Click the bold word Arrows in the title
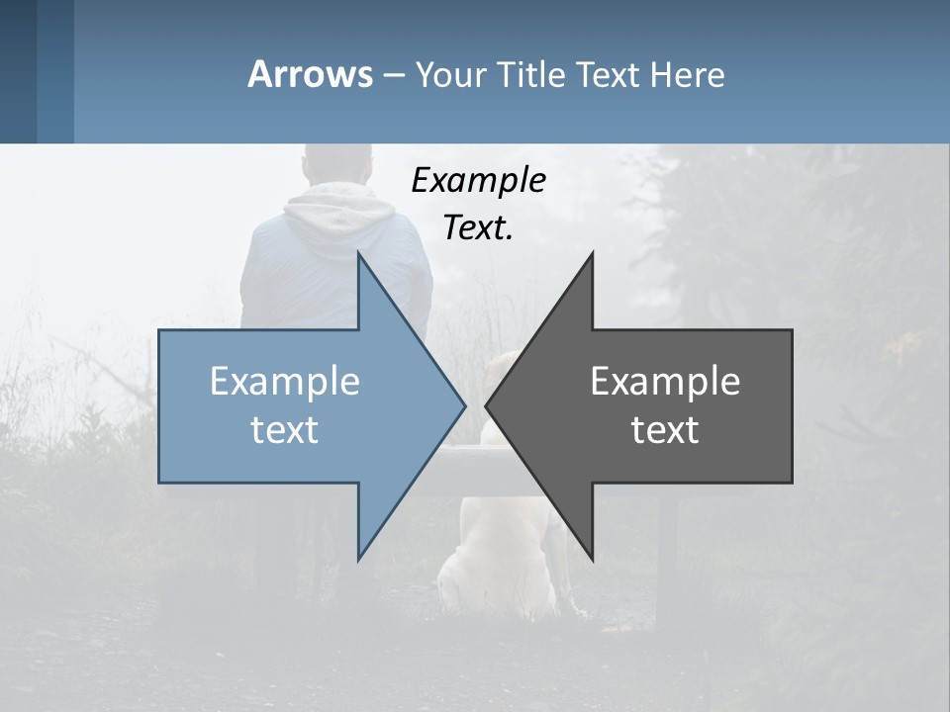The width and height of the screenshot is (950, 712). tap(310, 74)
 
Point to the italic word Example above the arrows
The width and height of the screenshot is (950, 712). tap(478, 180)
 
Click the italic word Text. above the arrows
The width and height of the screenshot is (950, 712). tap(478, 227)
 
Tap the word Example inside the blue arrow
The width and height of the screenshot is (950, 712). tap(285, 382)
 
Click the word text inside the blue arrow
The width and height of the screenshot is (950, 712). tap(285, 429)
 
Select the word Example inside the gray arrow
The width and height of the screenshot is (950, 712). tap(665, 382)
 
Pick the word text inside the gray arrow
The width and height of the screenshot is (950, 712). tap(665, 429)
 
